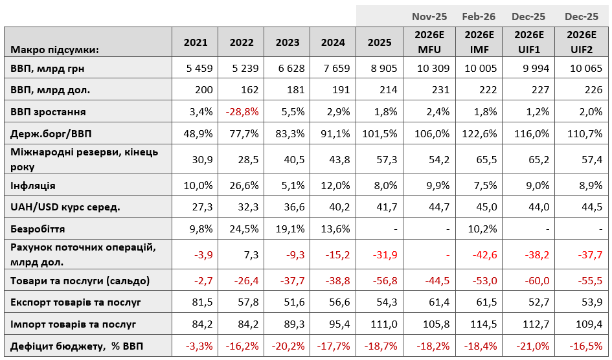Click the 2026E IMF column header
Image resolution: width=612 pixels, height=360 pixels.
click(x=479, y=42)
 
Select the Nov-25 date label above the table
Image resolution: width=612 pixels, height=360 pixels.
click(x=429, y=16)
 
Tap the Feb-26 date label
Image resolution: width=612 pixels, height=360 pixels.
click(x=479, y=16)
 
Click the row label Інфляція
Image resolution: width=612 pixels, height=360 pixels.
click(x=33, y=185)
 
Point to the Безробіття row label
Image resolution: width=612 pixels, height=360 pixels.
click(x=38, y=229)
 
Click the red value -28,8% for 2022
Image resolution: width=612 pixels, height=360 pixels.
click(x=242, y=111)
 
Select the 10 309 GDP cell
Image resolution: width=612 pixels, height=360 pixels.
click(x=433, y=68)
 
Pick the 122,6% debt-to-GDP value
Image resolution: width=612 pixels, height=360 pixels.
click(x=479, y=133)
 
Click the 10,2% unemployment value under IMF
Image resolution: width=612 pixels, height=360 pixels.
click(x=482, y=229)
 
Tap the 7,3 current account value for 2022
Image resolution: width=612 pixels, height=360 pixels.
click(x=252, y=254)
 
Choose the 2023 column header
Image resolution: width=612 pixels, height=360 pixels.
click(x=288, y=42)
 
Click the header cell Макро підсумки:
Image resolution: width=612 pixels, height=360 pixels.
click(x=54, y=50)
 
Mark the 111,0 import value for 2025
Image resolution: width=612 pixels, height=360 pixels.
click(x=383, y=324)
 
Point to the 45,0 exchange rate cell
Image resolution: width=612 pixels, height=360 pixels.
click(x=486, y=207)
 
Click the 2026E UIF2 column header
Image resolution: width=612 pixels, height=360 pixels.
click(x=582, y=42)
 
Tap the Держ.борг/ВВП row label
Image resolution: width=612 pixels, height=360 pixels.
click(x=51, y=133)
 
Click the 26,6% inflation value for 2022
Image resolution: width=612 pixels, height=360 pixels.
click(x=244, y=185)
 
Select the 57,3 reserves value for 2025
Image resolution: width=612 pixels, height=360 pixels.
click(x=387, y=159)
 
